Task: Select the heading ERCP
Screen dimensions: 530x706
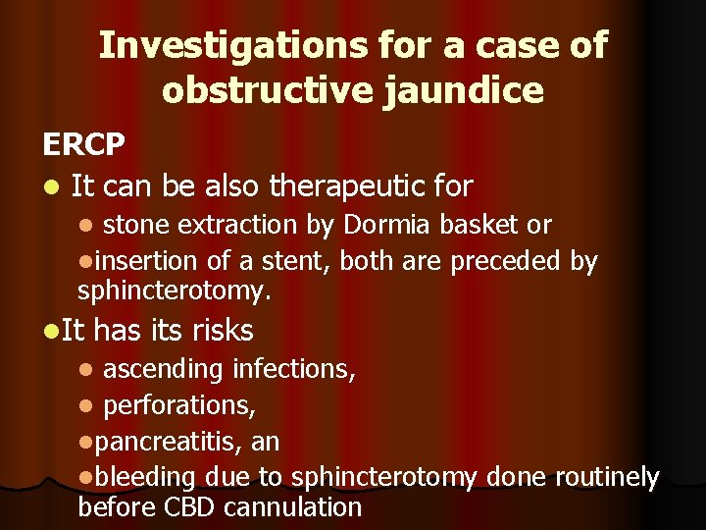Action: (x=83, y=144)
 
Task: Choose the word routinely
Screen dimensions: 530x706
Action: (x=607, y=477)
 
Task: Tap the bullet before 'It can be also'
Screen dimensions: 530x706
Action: (x=51, y=185)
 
